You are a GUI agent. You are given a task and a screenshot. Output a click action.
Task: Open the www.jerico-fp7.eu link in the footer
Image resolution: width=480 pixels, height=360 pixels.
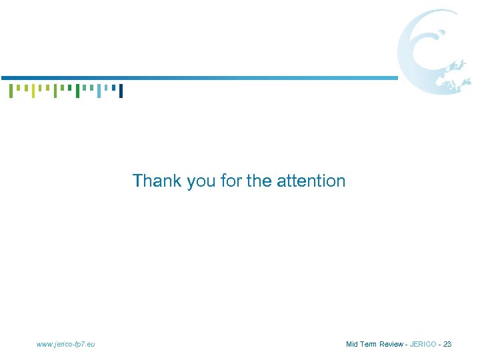pyautogui.click(x=66, y=344)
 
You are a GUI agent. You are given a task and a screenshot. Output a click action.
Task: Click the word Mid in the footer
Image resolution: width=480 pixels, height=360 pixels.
pyautogui.click(x=353, y=344)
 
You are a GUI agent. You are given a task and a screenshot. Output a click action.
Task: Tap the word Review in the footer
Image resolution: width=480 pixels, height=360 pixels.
pyautogui.click(x=391, y=344)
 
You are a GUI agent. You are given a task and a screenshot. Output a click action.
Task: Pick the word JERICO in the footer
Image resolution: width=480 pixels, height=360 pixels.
pyautogui.click(x=423, y=344)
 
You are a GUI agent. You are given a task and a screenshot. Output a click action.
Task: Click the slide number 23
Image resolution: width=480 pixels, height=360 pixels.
pyautogui.click(x=447, y=344)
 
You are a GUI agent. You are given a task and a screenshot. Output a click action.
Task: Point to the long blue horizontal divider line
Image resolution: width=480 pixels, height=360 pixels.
pyautogui.click(x=200, y=78)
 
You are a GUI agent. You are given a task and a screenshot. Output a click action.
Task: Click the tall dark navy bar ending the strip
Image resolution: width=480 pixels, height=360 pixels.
pyautogui.click(x=121, y=91)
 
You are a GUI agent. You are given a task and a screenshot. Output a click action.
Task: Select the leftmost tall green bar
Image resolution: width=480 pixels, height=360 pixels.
pyautogui.click(x=11, y=91)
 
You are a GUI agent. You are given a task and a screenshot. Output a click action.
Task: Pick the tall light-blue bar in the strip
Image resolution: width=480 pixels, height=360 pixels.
pyautogui.click(x=99, y=91)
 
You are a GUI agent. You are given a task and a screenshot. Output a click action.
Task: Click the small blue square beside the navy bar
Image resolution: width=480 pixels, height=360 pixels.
pyautogui.click(x=113, y=87)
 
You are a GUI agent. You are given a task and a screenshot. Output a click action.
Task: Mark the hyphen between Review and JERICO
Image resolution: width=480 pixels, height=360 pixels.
pyautogui.click(x=407, y=345)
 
